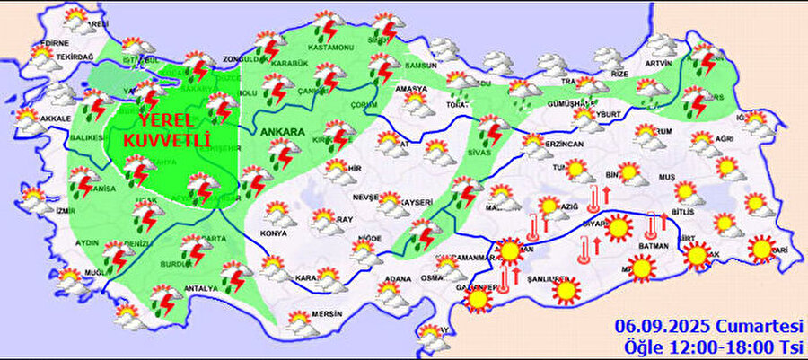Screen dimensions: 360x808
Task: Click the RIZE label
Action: (x=619, y=74)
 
